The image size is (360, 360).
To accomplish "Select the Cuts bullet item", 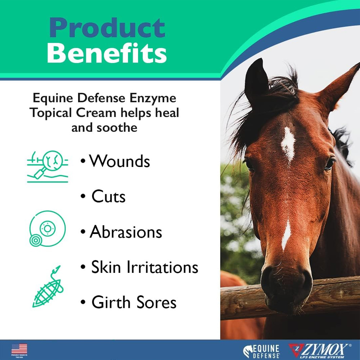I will [108, 197].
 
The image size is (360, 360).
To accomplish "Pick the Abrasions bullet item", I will [126, 232].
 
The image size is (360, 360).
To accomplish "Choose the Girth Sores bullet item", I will [134, 302].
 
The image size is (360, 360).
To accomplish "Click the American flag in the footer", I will [19, 348].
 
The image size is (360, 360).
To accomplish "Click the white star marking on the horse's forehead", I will [288, 144].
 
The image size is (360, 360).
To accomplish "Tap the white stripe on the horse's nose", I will [287, 234].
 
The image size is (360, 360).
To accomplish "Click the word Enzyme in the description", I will [155, 98].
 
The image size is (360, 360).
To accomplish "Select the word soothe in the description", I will [120, 128].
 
